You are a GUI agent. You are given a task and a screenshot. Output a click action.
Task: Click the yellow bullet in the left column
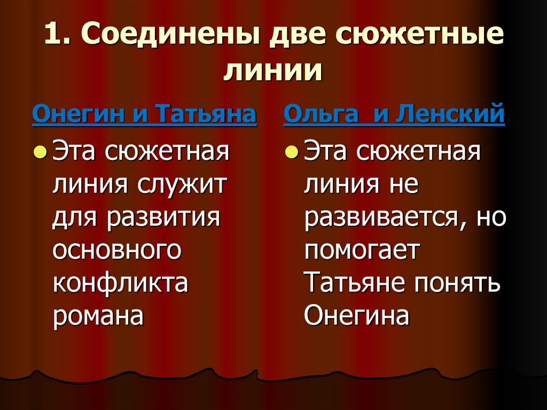point(39,153)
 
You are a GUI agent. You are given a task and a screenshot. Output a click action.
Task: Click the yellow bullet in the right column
point(291,153)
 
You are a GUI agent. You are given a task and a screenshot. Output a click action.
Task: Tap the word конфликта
point(120,283)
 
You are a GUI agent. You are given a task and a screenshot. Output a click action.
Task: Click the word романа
point(98,316)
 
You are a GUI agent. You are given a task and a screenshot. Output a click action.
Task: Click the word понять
point(457,283)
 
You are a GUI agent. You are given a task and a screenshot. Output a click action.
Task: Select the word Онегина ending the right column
point(356,316)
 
